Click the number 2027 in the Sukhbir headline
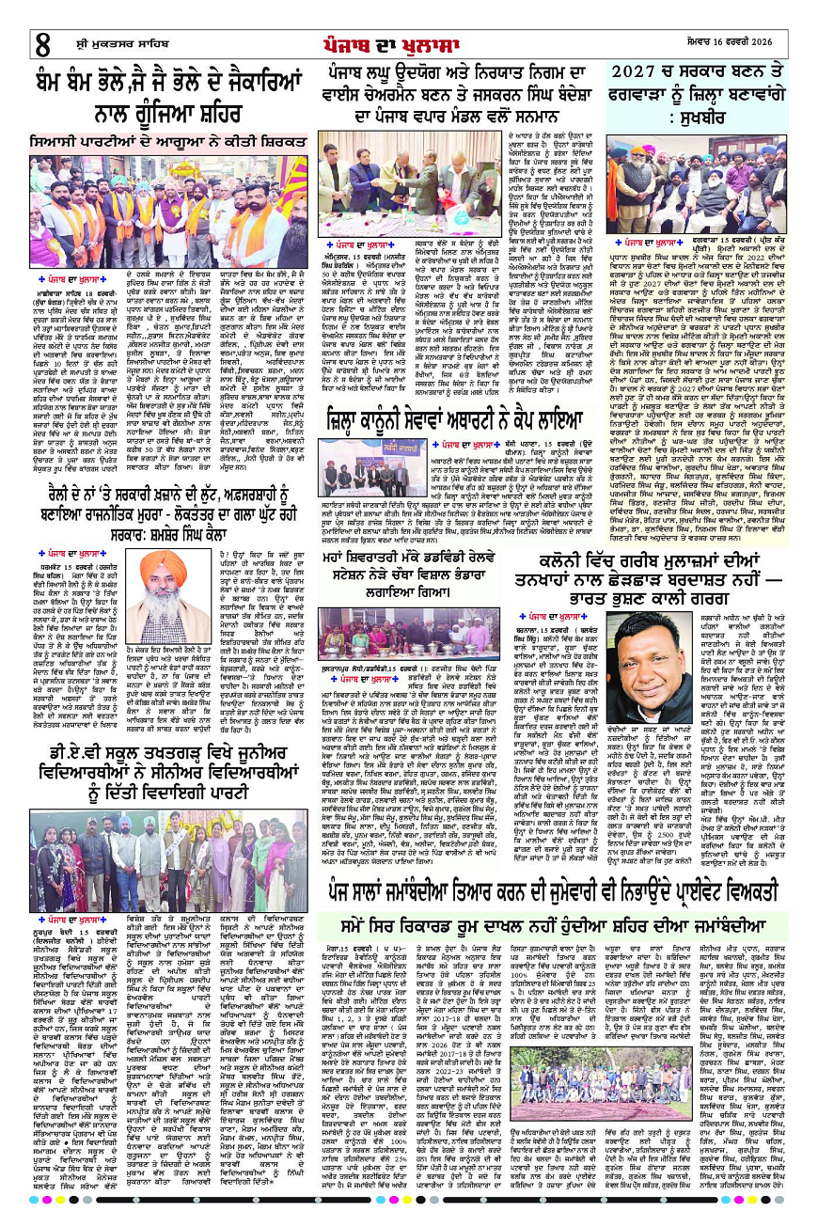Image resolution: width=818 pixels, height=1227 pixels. (639, 71)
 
